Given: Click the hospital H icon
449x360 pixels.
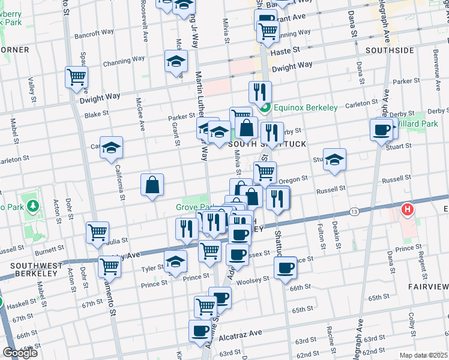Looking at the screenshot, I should click(408, 210).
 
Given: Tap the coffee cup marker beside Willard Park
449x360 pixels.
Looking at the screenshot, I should click(381, 130).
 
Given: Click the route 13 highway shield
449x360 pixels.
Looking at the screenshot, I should click(354, 212).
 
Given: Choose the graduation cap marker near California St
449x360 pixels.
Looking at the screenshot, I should click(111, 148).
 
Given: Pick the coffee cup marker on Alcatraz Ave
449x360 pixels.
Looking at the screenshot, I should click(200, 331).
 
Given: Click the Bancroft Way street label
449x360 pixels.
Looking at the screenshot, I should click(94, 33).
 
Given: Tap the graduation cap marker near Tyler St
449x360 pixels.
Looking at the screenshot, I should click(175, 262).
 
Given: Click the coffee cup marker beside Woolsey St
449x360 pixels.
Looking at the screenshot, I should click(286, 266).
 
